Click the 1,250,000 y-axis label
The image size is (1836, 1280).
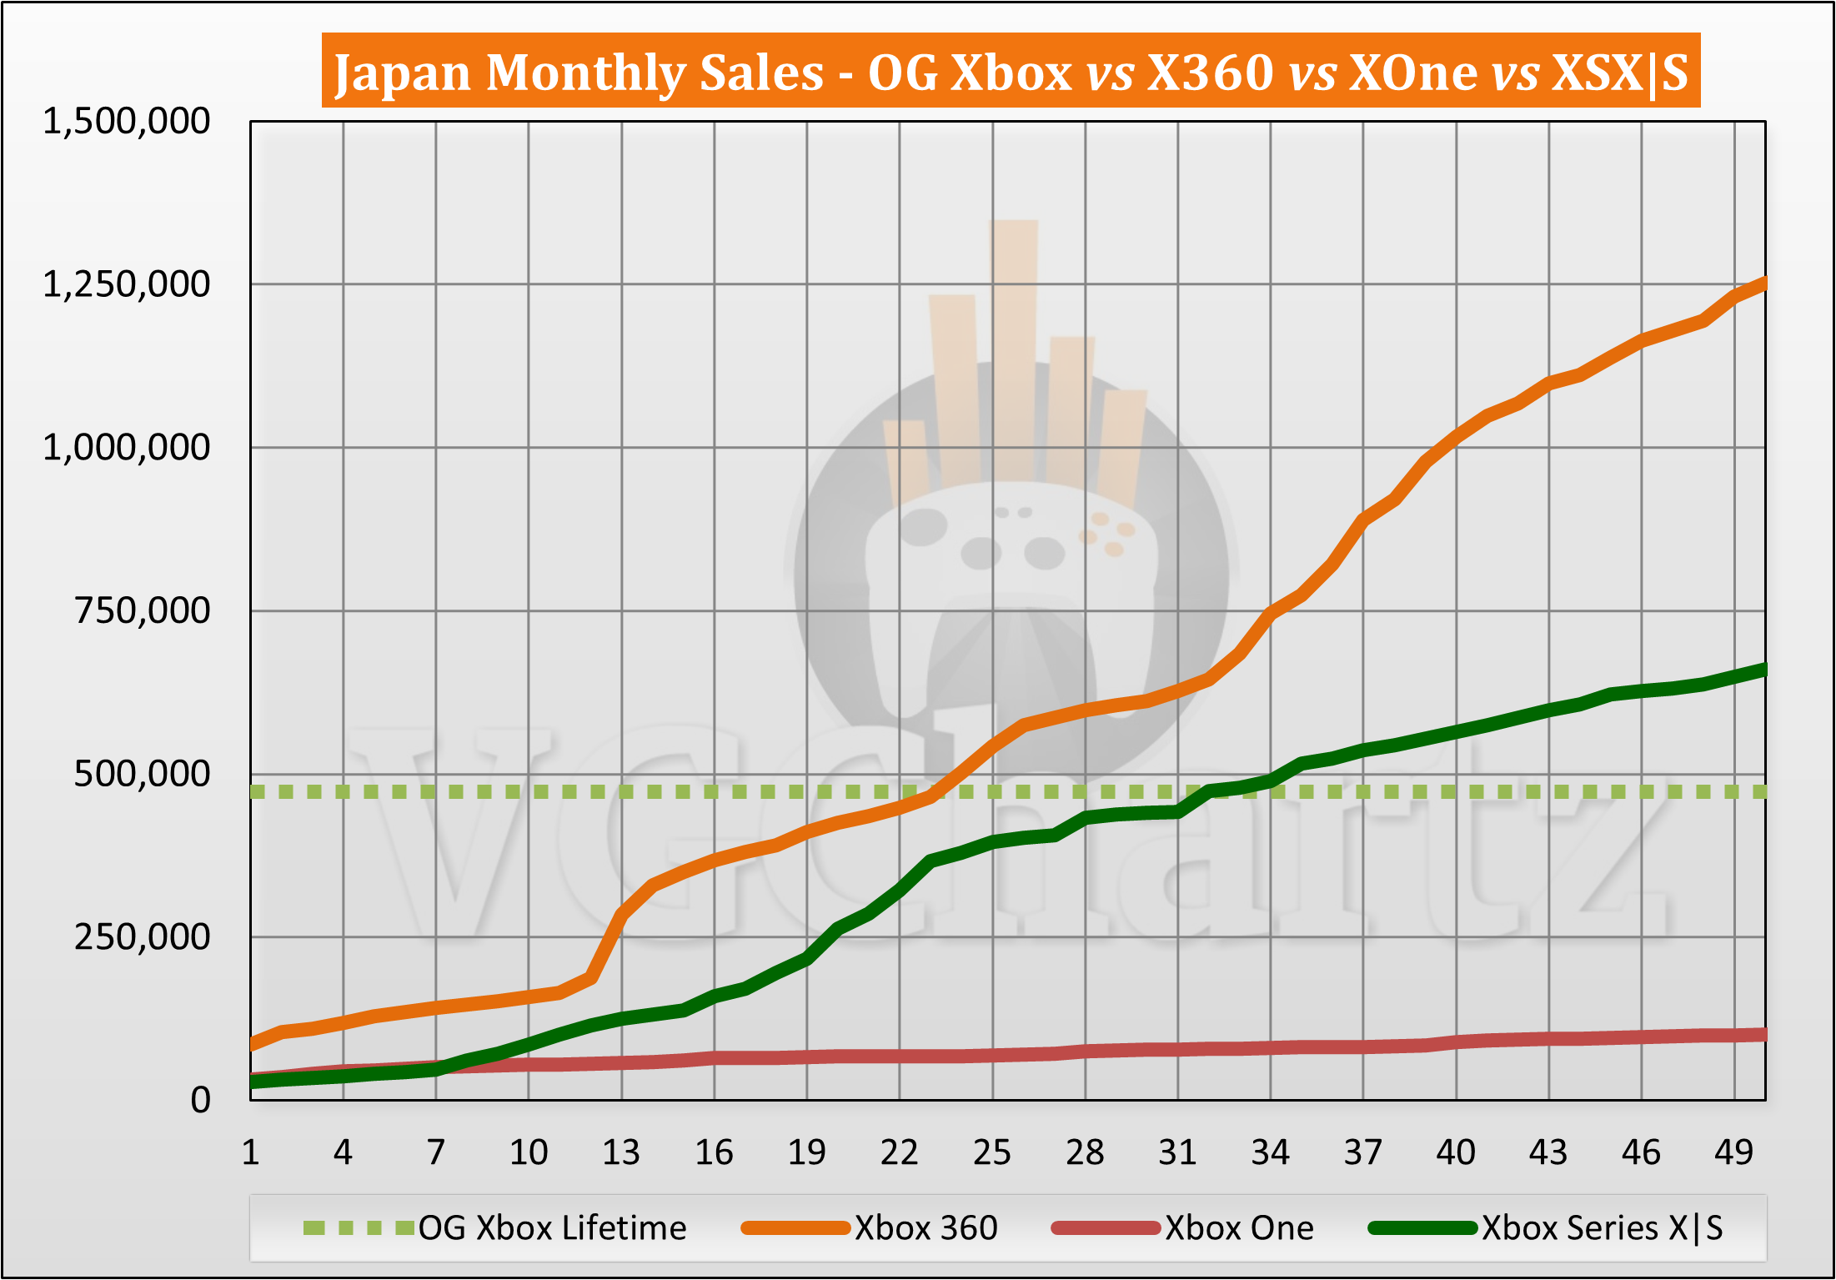pyautogui.click(x=126, y=284)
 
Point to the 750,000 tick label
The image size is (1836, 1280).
pyautogui.click(x=142, y=610)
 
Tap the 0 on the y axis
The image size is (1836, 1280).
pyautogui.click(x=200, y=1100)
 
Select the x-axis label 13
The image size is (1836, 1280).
pyautogui.click(x=621, y=1152)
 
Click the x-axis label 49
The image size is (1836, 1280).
pyautogui.click(x=1733, y=1152)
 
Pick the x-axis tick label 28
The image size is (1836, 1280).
pyautogui.click(x=1085, y=1152)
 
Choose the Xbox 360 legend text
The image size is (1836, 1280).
pyautogui.click(x=926, y=1227)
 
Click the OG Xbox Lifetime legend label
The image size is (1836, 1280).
pyautogui.click(x=552, y=1227)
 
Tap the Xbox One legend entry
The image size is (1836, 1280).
pyautogui.click(x=1239, y=1227)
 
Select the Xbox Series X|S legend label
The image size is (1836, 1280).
pyautogui.click(x=1602, y=1227)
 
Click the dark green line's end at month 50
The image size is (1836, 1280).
pyautogui.click(x=1763, y=669)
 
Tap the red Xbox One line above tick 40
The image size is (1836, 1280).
pyautogui.click(x=1457, y=1042)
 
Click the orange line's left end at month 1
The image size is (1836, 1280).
pyautogui.click(x=253, y=1044)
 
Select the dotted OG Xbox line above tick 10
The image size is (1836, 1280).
pyautogui.click(x=529, y=791)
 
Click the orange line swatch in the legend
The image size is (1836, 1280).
pyautogui.click(x=795, y=1227)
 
